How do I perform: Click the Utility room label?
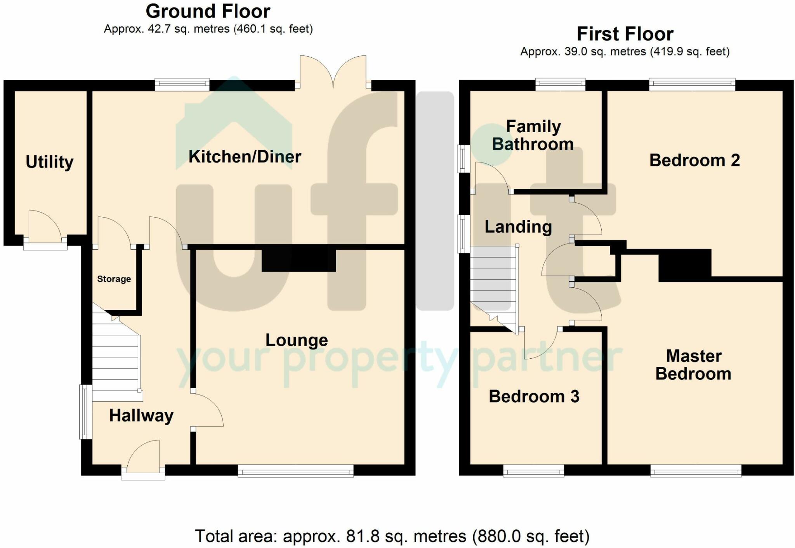(49, 162)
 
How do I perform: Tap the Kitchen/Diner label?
(245, 157)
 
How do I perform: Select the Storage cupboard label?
(114, 279)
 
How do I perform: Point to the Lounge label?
(297, 340)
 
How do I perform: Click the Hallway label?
(141, 416)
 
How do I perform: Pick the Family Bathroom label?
(533, 135)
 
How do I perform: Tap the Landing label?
(518, 227)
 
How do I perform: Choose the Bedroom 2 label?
(694, 160)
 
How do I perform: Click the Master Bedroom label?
(693, 365)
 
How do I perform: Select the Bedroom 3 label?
(534, 396)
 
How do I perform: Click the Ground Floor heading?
(208, 11)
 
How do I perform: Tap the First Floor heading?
(625, 34)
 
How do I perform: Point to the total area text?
(392, 536)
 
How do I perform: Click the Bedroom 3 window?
(534, 471)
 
